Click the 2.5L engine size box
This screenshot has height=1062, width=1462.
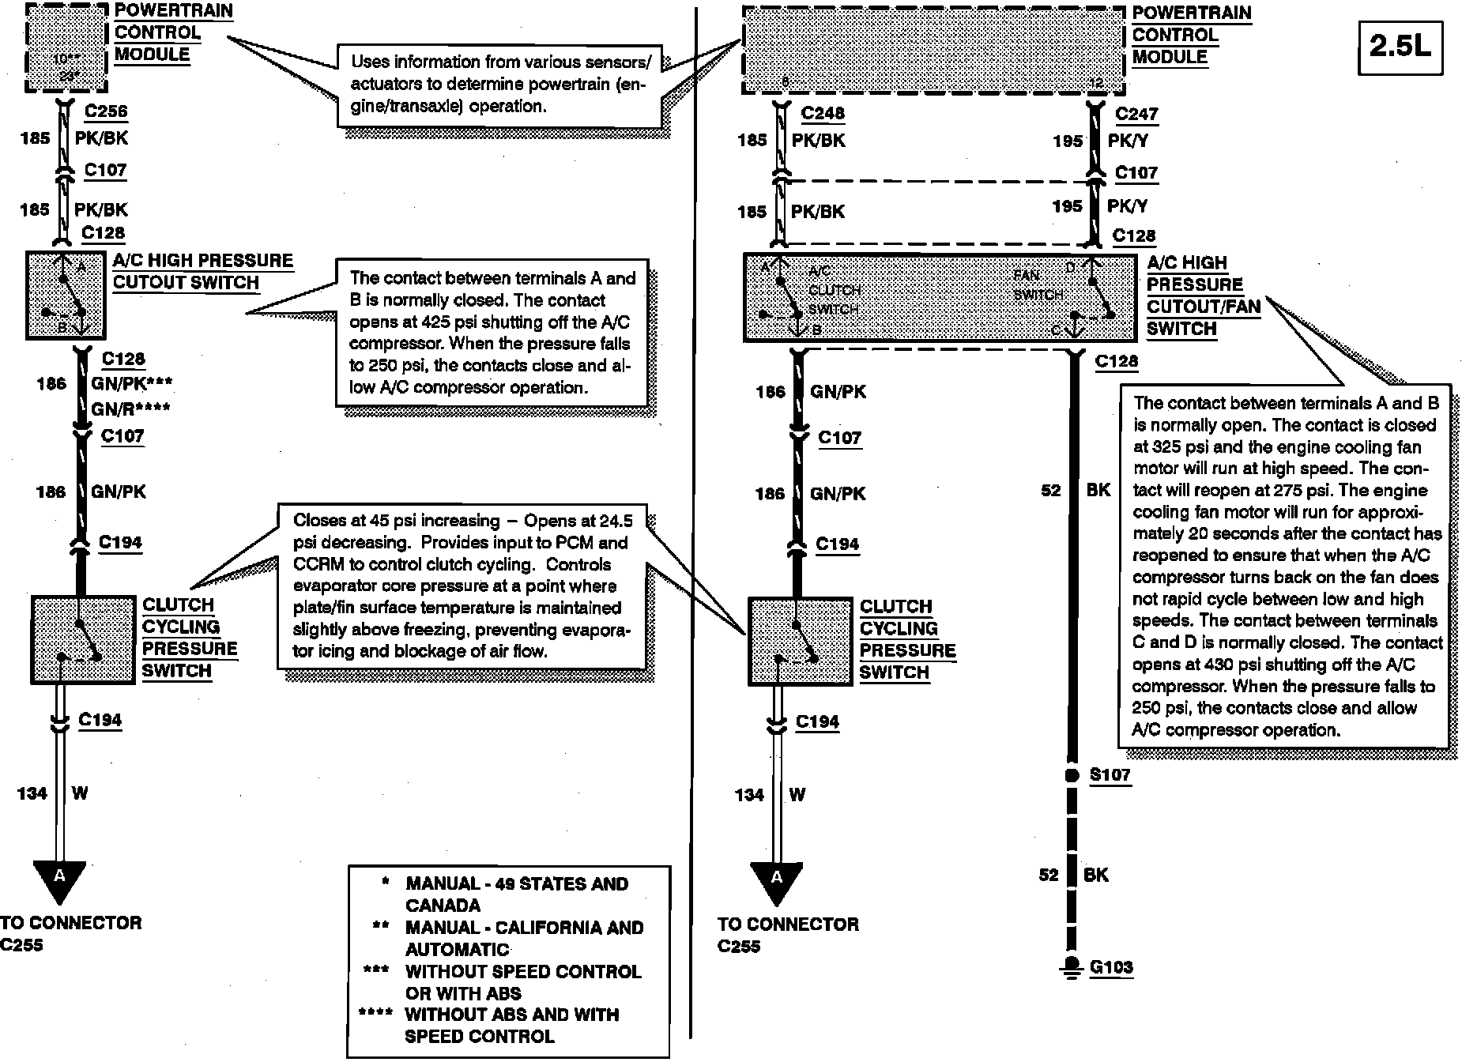coord(1400,47)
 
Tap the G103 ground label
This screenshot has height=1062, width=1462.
coord(1111,967)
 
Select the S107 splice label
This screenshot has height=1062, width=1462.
coord(1110,774)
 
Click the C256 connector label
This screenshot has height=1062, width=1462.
coord(106,111)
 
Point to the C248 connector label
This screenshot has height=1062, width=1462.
coord(823,113)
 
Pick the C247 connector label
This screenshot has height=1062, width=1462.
coord(1136,114)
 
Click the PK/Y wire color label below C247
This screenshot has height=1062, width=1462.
coord(1128,141)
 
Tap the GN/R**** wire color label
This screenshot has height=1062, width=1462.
coord(130,409)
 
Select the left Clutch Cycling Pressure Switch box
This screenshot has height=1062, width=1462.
coord(82,639)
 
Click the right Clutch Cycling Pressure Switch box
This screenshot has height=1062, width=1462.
coord(800,641)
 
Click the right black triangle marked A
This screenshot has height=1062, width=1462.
coord(777,880)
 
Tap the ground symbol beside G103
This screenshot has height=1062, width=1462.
coord(1072,969)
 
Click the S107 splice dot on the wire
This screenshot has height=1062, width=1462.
coord(1072,775)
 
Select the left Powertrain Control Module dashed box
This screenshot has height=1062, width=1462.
coord(66,47)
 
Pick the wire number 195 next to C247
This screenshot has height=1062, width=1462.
coord(1067,141)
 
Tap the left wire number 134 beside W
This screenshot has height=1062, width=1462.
coord(32,793)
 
